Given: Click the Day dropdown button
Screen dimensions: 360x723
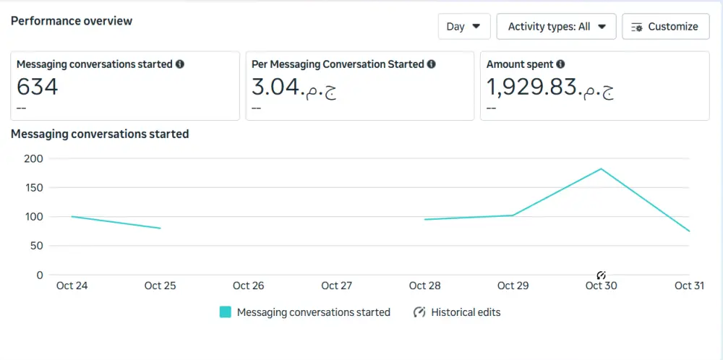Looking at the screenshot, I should [463, 27].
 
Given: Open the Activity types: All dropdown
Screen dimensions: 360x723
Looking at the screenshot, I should [556, 27].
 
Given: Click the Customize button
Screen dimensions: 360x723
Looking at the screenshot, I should [664, 27].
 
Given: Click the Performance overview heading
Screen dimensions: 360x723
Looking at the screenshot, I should [72, 21].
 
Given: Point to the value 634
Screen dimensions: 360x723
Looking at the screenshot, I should [37, 87].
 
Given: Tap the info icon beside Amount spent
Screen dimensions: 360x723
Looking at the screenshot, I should [560, 64].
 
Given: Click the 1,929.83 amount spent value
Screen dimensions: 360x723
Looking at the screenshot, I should [550, 87].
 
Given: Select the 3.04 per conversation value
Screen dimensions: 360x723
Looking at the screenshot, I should [294, 87].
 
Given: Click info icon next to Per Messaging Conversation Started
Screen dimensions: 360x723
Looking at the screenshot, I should [431, 64].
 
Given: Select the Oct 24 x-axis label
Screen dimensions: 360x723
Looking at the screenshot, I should [72, 286].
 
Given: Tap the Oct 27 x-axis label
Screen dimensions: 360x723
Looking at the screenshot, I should [336, 286].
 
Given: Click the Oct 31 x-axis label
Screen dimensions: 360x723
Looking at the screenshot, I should [689, 286].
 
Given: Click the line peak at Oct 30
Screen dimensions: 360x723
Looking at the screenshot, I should [601, 169].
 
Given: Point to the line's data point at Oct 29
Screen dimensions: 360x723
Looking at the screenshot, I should [513, 215].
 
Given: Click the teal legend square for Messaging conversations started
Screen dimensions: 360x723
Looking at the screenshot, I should [226, 312].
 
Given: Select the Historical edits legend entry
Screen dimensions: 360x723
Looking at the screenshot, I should [457, 312].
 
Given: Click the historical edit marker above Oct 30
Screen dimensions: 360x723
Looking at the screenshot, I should [601, 275].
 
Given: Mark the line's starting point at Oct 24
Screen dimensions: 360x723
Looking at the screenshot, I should [72, 216].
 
